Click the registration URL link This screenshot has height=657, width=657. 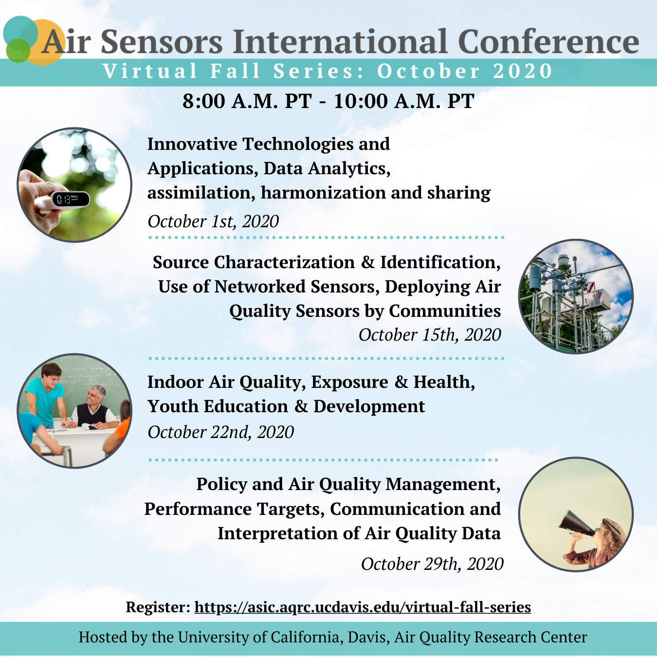point(363,607)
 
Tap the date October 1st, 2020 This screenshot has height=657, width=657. point(213,221)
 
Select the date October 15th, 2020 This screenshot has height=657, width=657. point(430,334)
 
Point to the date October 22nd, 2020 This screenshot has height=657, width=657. point(220,432)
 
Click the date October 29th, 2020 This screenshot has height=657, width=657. point(432,564)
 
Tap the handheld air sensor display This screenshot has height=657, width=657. point(71,199)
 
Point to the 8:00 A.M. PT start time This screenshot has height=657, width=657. point(247,101)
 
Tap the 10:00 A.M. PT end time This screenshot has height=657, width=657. point(403,101)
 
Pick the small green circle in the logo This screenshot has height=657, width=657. point(18,51)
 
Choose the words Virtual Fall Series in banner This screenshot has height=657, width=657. point(227,71)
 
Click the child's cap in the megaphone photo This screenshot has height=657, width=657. point(614,528)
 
